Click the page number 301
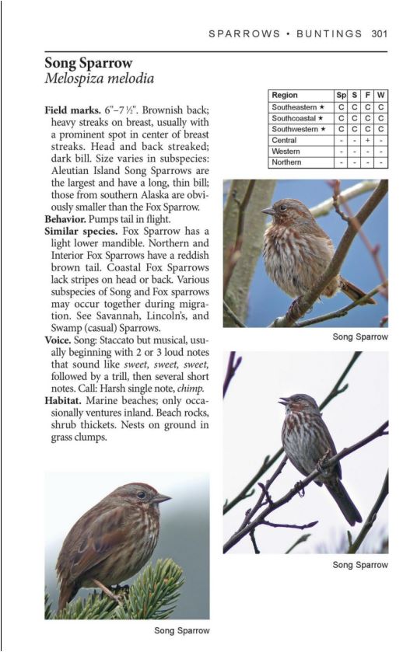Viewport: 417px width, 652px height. pos(380,33)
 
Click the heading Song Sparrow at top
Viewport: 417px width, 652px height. pos(89,63)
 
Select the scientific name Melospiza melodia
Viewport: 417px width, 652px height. pos(99,78)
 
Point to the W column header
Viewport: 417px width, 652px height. pos(381,96)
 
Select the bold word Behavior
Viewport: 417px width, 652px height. pos(68,219)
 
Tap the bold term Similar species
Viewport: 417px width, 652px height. pos(81,231)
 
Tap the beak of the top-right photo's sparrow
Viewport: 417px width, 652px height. pos(267,210)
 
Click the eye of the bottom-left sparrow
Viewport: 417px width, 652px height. pos(142,494)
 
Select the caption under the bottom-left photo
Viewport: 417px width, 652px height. pos(181,630)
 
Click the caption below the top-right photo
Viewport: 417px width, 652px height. pos(359,337)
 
